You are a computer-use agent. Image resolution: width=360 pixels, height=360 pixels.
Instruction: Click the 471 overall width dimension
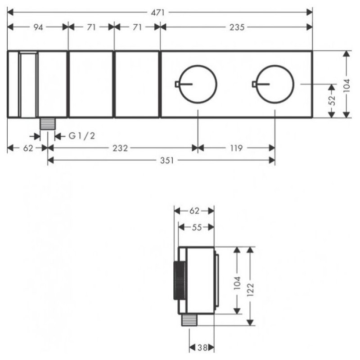(x=158, y=13)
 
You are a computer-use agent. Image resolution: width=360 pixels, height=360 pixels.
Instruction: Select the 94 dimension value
(x=38, y=27)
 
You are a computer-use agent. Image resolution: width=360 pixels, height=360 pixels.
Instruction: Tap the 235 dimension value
(x=237, y=27)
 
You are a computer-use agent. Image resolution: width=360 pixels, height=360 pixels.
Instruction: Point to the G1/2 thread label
(x=82, y=136)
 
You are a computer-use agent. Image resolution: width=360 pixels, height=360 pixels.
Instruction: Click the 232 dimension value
(x=120, y=148)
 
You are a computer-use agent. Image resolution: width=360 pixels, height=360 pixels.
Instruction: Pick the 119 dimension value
(x=236, y=148)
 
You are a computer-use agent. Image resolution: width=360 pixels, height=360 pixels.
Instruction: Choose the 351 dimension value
(x=167, y=160)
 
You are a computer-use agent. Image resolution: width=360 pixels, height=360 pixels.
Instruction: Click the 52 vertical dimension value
(x=332, y=100)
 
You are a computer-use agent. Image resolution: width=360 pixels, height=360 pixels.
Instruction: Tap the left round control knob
(x=198, y=84)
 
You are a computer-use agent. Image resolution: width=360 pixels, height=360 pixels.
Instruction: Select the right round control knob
(x=275, y=84)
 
